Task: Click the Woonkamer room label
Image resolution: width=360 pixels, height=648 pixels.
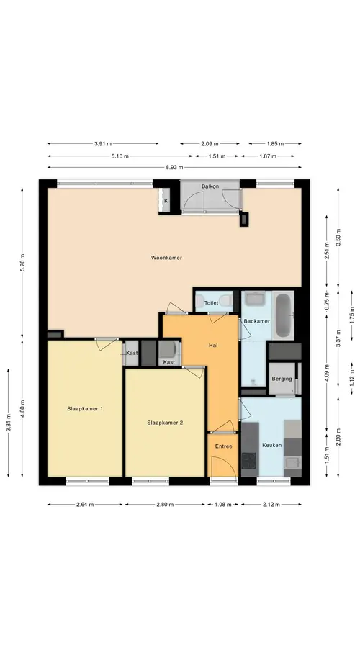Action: [166, 258]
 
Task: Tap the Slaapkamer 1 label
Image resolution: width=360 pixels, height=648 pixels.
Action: [85, 409]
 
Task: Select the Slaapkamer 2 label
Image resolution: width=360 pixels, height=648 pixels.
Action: [165, 423]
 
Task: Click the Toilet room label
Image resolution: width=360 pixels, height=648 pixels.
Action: [211, 303]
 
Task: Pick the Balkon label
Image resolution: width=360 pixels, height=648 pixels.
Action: [210, 186]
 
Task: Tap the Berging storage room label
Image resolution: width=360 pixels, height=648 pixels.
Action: [282, 379]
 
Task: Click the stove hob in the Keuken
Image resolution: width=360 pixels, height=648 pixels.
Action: [249, 460]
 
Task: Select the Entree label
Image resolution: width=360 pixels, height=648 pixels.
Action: [224, 446]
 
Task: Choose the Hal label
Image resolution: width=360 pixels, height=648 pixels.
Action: [213, 346]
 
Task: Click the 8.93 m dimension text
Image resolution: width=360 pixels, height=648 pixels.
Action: [174, 167]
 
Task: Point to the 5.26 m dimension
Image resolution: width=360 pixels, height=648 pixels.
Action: [23, 262]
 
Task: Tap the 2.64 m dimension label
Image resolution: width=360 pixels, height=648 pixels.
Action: [85, 504]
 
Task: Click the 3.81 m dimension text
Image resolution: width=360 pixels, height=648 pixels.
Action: [8, 422]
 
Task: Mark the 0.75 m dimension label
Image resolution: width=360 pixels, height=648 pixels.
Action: [327, 301]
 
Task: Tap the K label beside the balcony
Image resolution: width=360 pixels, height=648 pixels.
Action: [166, 201]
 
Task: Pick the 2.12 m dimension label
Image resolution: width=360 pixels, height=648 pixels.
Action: [271, 504]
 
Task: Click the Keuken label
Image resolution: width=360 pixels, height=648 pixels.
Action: [272, 445]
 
